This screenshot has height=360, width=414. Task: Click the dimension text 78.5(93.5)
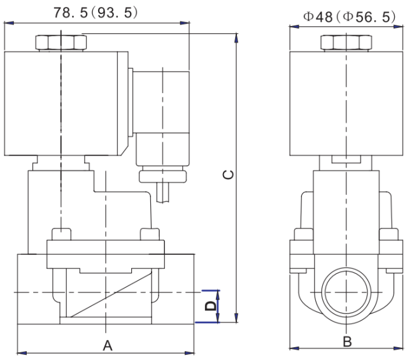point(96,13)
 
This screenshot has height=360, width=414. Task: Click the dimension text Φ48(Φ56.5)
point(349,17)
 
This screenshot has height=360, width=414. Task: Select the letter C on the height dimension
point(229,175)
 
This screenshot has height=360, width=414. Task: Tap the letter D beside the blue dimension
point(211,306)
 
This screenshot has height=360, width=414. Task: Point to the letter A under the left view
point(108,346)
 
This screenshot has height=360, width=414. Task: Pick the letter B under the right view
point(347,342)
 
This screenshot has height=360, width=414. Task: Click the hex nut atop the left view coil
point(61,42)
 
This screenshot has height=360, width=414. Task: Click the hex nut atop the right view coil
point(346,43)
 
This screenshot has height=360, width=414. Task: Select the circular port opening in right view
point(346,292)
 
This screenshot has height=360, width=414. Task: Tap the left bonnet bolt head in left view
point(61,234)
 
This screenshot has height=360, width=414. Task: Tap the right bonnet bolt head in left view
point(150,234)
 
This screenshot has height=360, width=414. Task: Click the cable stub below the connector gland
point(162,192)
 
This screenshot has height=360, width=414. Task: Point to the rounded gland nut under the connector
point(162,176)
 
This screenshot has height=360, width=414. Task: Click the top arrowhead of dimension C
point(236,38)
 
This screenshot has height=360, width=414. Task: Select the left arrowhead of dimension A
point(22,353)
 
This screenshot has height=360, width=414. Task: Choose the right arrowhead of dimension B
point(399,349)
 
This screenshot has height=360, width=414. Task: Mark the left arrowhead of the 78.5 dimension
point(9,23)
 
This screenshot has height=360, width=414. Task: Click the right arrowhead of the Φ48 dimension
point(399,27)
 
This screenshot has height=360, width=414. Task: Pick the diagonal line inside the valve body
point(111,294)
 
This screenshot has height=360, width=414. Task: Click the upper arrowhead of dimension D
point(218,295)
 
